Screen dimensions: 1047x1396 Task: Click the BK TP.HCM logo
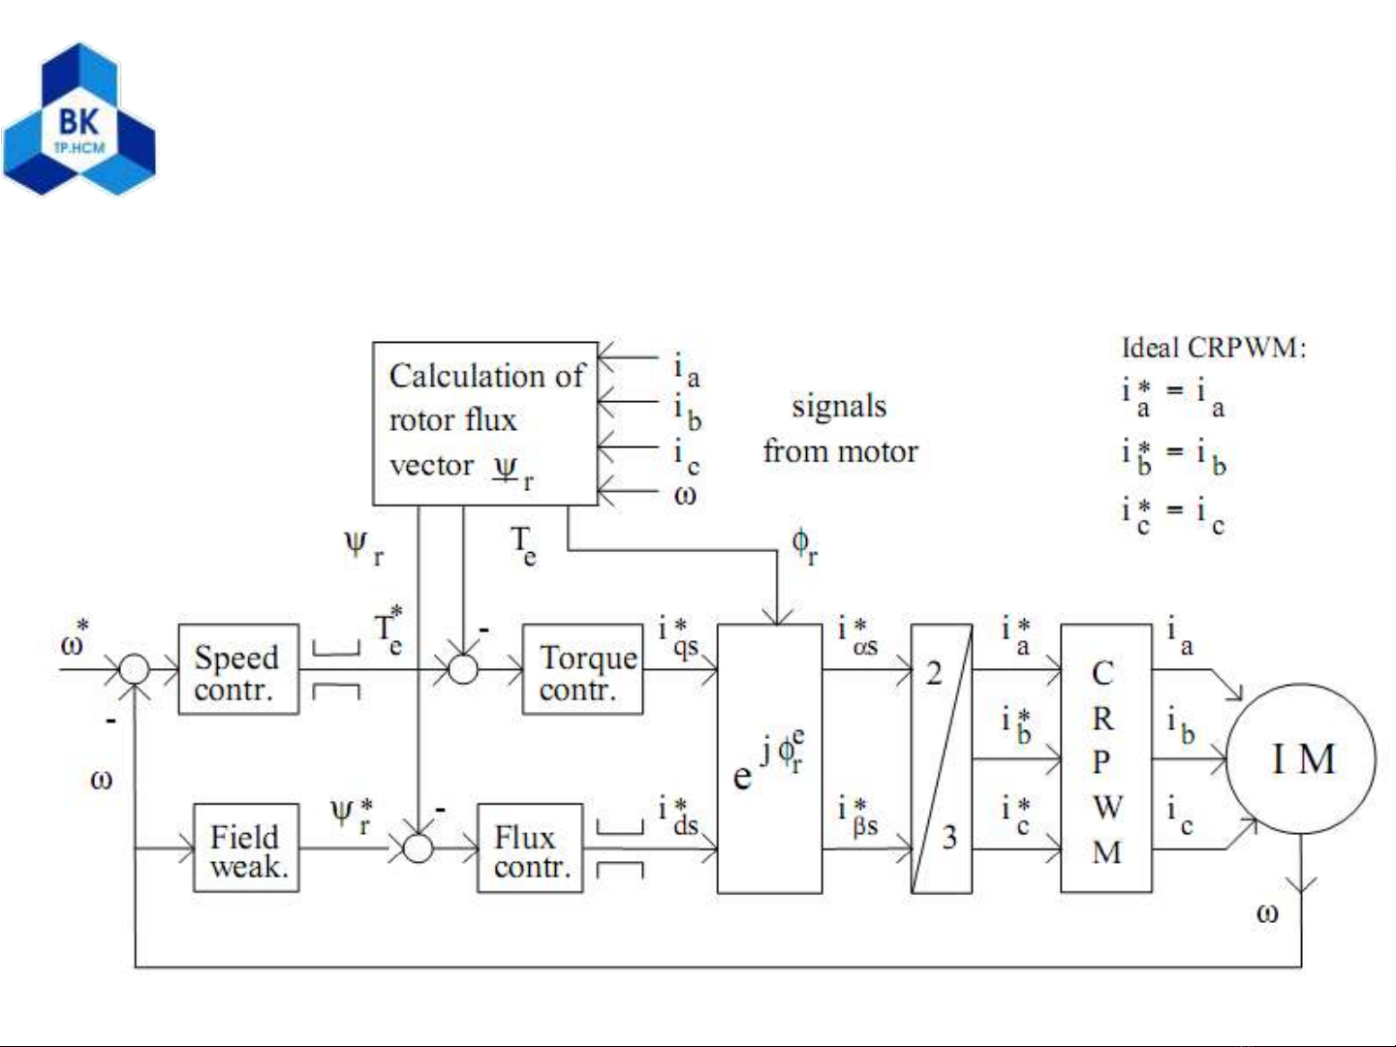point(78,118)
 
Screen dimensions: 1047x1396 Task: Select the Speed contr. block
point(237,670)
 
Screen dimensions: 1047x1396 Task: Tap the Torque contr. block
point(582,670)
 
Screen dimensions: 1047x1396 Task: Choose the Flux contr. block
point(530,848)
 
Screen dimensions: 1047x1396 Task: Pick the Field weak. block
point(245,848)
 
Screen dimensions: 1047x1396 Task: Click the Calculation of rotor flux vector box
point(484,423)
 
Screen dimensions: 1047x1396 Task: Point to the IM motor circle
point(1301,759)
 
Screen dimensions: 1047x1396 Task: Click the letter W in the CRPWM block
point(1105,806)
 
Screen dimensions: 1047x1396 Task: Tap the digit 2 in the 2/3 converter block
point(933,672)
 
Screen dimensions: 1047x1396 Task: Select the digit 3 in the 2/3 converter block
point(949,837)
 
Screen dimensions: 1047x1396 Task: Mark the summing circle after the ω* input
point(135,669)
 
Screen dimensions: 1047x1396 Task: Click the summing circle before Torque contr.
point(463,669)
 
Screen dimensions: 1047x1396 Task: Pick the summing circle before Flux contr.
point(418,848)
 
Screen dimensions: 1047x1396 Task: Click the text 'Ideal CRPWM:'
point(1214,348)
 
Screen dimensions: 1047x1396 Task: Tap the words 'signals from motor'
point(840,428)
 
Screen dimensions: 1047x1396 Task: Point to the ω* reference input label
point(74,641)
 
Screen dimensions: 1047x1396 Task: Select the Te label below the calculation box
point(523,545)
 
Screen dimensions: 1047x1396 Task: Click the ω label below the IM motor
point(1267,912)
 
